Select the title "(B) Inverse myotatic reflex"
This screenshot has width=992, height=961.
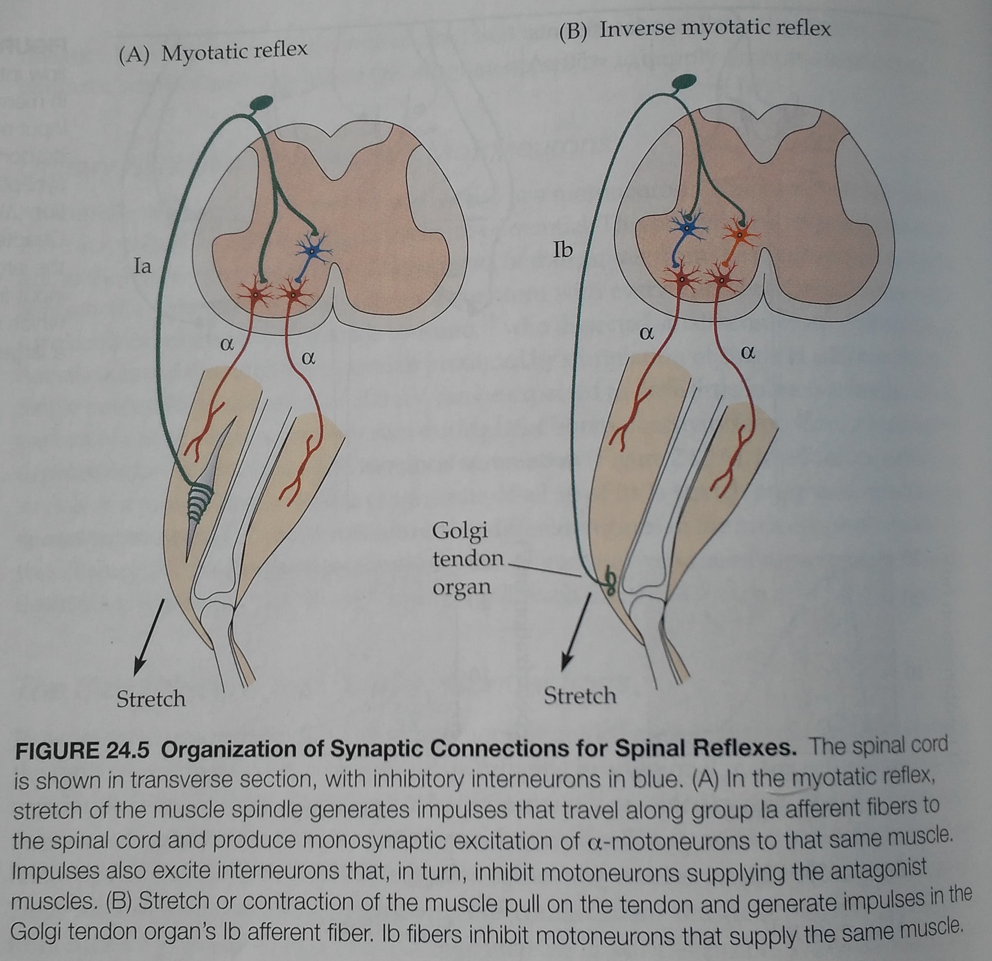pos(695,29)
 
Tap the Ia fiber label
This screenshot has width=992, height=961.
pos(142,266)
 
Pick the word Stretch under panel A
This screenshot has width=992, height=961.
pos(151,699)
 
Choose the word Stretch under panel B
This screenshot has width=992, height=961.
pos(580,696)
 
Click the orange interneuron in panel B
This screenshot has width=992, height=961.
pos(738,234)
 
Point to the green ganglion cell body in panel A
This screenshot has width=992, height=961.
pos(260,103)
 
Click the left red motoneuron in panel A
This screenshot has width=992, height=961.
pos(256,295)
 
